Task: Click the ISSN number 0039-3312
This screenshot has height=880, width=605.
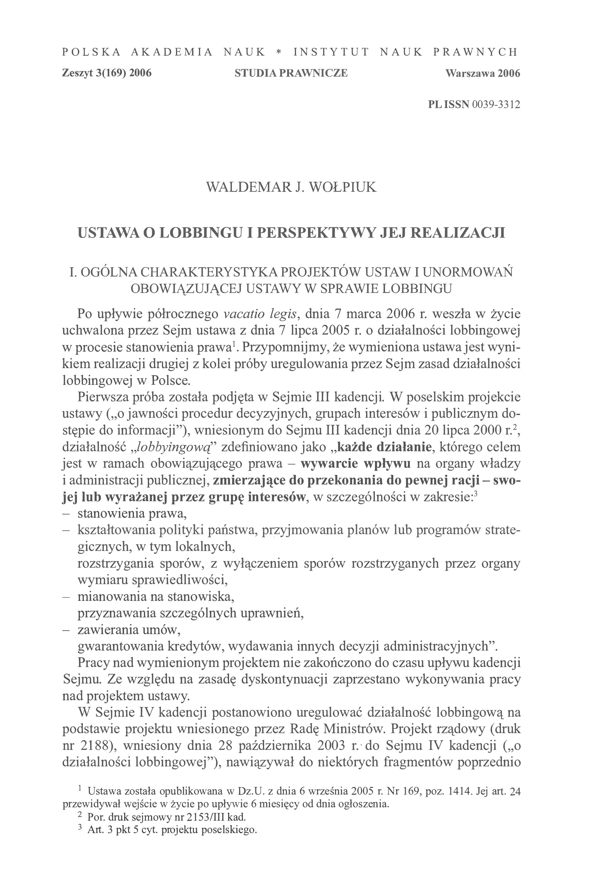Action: pyautogui.click(x=496, y=105)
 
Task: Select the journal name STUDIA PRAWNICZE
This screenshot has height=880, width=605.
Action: pyautogui.click(x=291, y=73)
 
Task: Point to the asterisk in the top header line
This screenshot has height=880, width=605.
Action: pyautogui.click(x=279, y=52)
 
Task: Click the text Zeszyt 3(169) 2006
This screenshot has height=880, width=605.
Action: pyautogui.click(x=106, y=73)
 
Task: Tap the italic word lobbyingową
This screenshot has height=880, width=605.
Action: pyautogui.click(x=173, y=447)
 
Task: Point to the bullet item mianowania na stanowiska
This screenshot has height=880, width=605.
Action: pyautogui.click(x=156, y=597)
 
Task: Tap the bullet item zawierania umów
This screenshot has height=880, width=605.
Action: pyautogui.click(x=129, y=630)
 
